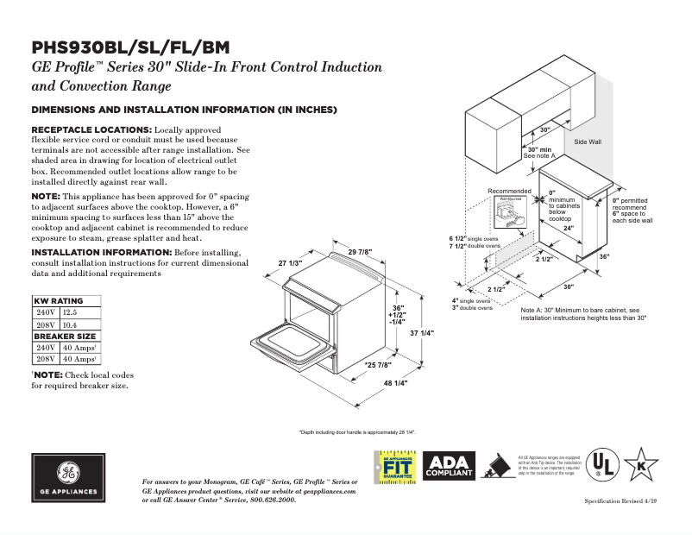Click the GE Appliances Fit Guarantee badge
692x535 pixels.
click(396, 469)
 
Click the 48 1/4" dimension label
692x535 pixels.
click(395, 382)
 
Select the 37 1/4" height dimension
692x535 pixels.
click(421, 333)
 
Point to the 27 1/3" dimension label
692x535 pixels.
click(290, 262)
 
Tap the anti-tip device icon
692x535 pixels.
click(497, 467)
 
